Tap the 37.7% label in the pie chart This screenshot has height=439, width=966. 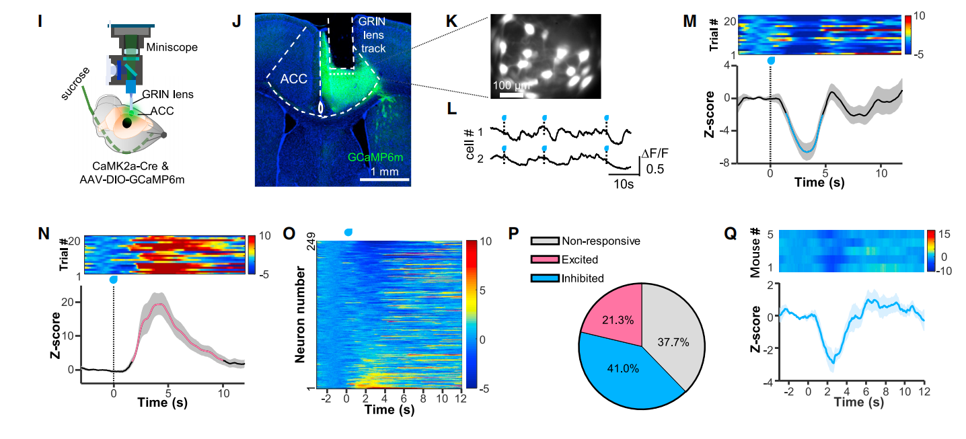[674, 342]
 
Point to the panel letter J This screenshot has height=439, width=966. [236, 21]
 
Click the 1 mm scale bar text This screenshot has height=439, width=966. [381, 172]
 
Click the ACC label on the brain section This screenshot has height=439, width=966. [294, 79]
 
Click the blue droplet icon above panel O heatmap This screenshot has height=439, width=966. [348, 232]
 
